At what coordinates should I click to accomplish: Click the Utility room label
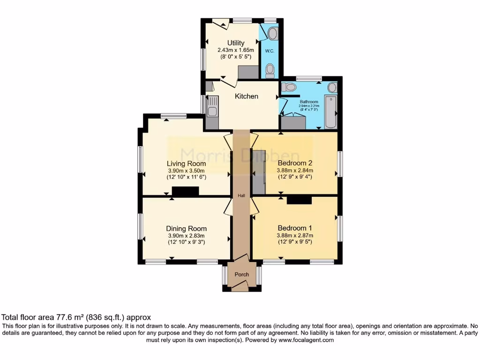[236, 43]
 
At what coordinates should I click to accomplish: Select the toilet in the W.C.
[270, 71]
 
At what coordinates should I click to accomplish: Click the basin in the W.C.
[272, 33]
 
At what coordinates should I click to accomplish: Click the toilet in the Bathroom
[289, 87]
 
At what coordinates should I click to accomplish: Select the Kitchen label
[246, 96]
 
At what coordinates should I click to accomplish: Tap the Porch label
[242, 274]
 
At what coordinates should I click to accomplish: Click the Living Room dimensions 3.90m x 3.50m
[187, 171]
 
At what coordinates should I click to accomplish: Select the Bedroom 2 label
[295, 163]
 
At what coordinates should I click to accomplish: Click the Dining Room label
[187, 229]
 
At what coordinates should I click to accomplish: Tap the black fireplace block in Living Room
[186, 191]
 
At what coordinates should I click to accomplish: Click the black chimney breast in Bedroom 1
[300, 200]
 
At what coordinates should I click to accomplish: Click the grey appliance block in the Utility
[248, 72]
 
